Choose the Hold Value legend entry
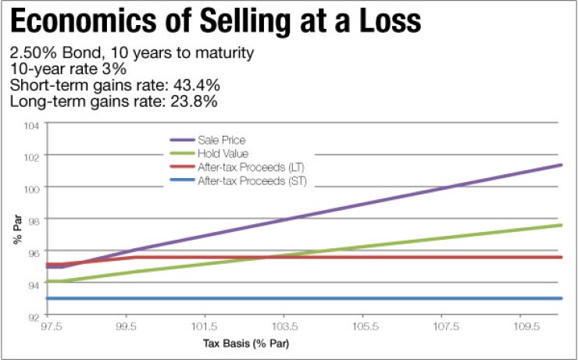[219, 153]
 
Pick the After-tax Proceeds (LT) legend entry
[241, 167]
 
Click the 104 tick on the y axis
[32, 124]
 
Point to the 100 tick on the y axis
[32, 188]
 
